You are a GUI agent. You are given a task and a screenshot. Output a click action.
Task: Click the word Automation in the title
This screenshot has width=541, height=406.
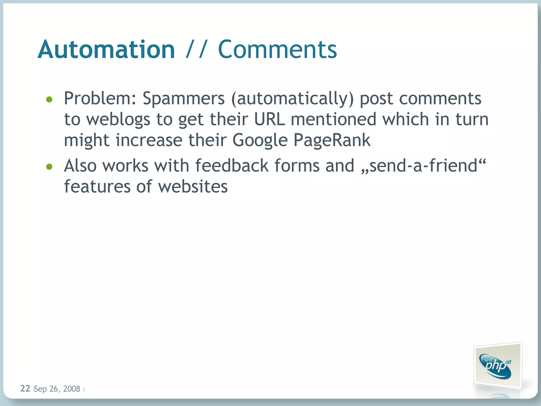[x=106, y=49]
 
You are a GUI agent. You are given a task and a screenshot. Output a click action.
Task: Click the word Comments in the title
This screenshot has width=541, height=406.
[x=277, y=49]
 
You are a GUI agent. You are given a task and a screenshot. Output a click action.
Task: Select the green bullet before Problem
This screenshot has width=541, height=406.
[x=49, y=99]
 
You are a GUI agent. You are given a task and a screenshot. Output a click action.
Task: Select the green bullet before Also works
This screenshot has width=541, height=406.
[x=49, y=167]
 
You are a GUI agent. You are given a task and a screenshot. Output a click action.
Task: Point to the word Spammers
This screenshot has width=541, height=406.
[x=184, y=98]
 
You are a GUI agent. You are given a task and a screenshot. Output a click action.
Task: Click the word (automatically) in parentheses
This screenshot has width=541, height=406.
[x=292, y=98]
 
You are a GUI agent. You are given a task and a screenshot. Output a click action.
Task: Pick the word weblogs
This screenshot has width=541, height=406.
[x=118, y=119]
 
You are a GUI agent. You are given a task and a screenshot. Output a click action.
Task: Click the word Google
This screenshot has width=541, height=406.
[x=260, y=140]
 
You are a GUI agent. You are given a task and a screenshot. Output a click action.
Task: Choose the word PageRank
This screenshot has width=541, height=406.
[x=332, y=140]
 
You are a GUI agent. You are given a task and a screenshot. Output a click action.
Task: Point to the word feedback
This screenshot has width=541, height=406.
[x=232, y=166]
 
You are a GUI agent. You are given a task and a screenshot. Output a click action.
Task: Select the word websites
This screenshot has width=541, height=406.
[x=193, y=187]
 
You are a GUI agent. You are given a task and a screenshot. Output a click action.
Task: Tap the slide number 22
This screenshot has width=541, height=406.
[x=25, y=389]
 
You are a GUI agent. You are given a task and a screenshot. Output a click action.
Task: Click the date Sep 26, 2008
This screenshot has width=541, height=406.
[x=57, y=389]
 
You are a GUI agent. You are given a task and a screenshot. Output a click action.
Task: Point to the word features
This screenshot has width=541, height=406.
[x=97, y=187]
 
